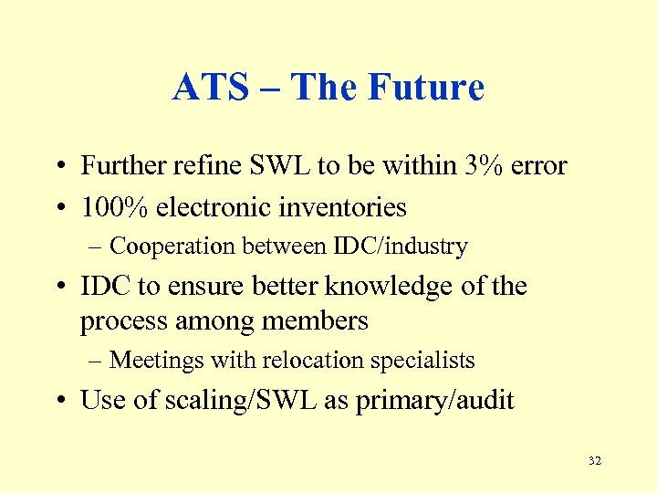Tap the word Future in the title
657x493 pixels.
pyautogui.click(x=426, y=88)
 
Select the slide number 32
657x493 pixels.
pyautogui.click(x=595, y=461)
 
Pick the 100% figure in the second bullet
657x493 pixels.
pyautogui.click(x=114, y=207)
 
